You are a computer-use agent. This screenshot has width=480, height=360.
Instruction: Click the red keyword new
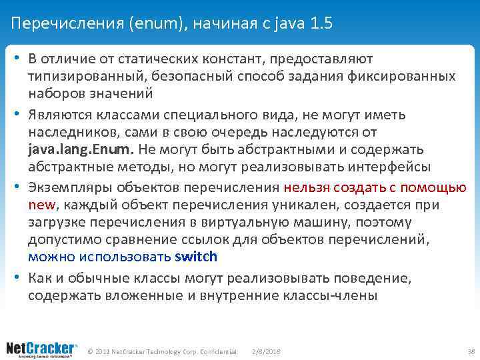point(39,204)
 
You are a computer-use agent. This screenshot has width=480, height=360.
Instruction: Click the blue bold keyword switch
point(196,257)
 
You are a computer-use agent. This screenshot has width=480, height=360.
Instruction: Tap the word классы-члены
point(331,295)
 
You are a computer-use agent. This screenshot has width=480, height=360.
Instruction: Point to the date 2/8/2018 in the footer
point(267,351)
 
